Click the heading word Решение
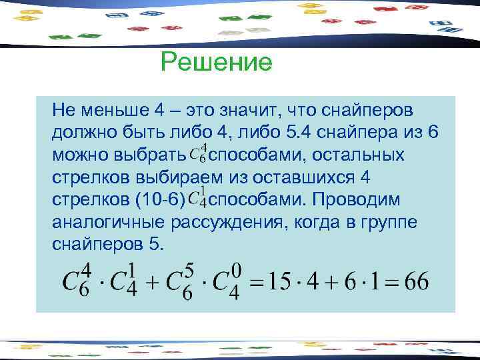click(217, 63)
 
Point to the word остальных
click(363, 155)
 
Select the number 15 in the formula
click(279, 281)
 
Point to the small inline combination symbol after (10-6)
click(198, 199)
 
